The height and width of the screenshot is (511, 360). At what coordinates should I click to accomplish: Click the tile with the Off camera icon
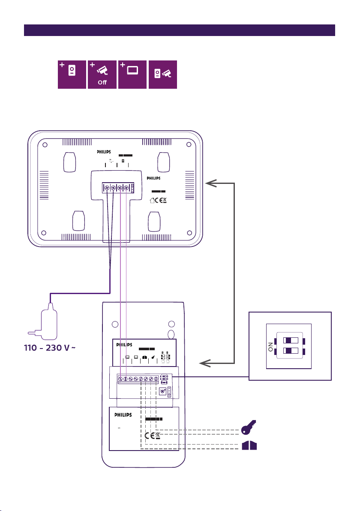(x=102, y=74)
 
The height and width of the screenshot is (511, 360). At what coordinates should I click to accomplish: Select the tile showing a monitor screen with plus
(x=132, y=74)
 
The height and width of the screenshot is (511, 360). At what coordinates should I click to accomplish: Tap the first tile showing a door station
(x=72, y=74)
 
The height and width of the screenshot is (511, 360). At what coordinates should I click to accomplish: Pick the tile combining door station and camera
(x=162, y=74)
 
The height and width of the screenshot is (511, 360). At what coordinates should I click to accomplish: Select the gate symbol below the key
(x=249, y=446)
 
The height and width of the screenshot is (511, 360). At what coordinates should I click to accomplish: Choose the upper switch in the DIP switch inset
(x=291, y=341)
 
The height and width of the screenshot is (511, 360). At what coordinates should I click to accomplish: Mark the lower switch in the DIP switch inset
(x=291, y=351)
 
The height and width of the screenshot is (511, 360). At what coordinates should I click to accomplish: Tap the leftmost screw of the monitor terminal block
(x=107, y=187)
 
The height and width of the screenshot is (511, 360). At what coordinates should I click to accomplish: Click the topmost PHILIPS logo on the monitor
(x=106, y=151)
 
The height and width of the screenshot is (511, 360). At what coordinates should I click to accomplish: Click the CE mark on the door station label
(x=149, y=436)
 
